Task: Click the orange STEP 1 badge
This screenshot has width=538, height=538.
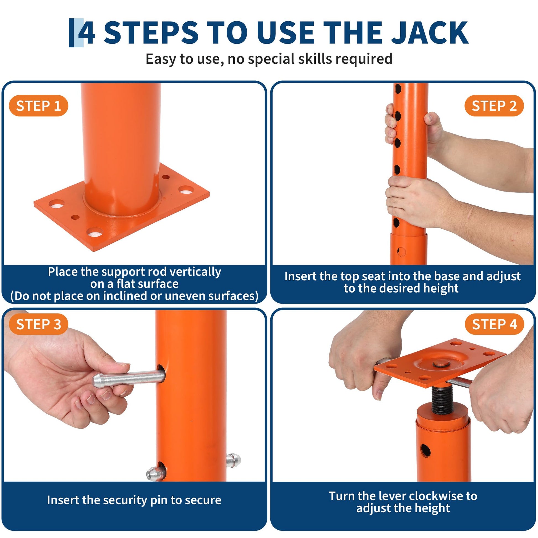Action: pos(38,106)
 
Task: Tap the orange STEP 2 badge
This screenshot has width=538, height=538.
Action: pos(494,106)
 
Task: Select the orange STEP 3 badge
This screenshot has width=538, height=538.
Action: pos(38,324)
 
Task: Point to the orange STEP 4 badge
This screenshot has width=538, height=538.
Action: pos(494,324)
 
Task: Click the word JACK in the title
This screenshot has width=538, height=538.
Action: pos(430,33)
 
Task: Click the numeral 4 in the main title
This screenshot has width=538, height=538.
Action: pos(87,33)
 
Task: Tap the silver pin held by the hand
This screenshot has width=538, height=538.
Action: pos(129,378)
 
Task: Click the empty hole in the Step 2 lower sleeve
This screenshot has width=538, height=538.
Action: pos(401,252)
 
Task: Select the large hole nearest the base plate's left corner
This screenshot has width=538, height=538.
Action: pos(56,204)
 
